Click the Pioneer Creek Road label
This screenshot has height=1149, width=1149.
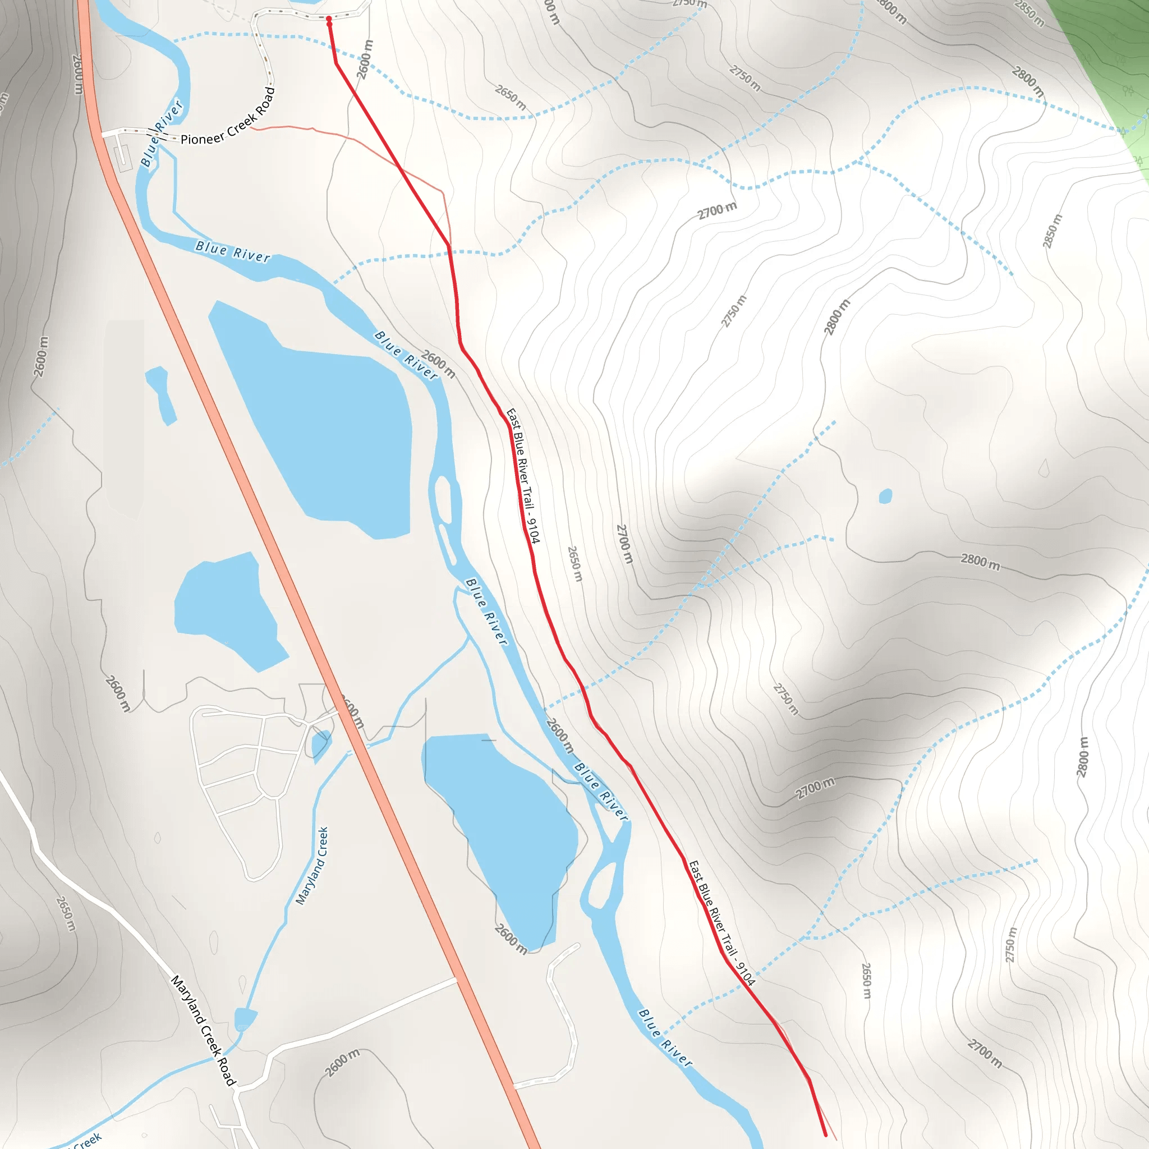(x=228, y=117)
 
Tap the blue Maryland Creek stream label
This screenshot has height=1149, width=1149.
(x=311, y=866)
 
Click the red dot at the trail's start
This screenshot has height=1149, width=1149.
(x=328, y=19)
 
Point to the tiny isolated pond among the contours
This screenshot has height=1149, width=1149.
(x=885, y=495)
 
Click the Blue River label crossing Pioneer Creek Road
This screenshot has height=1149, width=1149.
(x=161, y=133)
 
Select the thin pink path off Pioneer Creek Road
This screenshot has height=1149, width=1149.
(x=357, y=140)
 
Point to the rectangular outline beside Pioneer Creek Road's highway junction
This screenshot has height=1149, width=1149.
(x=123, y=157)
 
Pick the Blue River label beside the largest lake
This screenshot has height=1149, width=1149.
(x=406, y=355)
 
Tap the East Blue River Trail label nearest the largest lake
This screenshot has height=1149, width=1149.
(x=523, y=476)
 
